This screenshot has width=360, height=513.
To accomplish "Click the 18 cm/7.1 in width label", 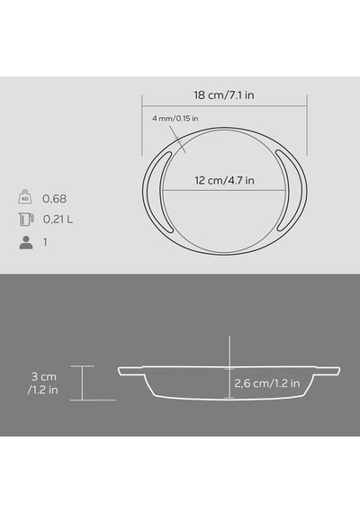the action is pyautogui.click(x=224, y=95).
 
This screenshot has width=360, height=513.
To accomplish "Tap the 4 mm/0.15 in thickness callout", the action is pyautogui.click(x=175, y=119).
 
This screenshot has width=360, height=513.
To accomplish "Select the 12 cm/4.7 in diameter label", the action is pyautogui.click(x=224, y=180).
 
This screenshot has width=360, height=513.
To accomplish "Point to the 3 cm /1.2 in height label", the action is pyautogui.click(x=43, y=383).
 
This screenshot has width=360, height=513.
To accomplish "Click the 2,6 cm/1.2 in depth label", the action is pyautogui.click(x=267, y=383).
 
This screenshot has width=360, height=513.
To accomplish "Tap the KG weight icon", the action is pyautogui.click(x=25, y=196).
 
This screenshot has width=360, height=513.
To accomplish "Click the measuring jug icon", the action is pyautogui.click(x=26, y=220).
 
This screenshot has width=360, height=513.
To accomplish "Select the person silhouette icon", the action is pyautogui.click(x=26, y=242).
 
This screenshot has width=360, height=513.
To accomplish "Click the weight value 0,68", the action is pyautogui.click(x=54, y=199).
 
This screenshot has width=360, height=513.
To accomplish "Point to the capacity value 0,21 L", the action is pyautogui.click(x=58, y=220).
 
